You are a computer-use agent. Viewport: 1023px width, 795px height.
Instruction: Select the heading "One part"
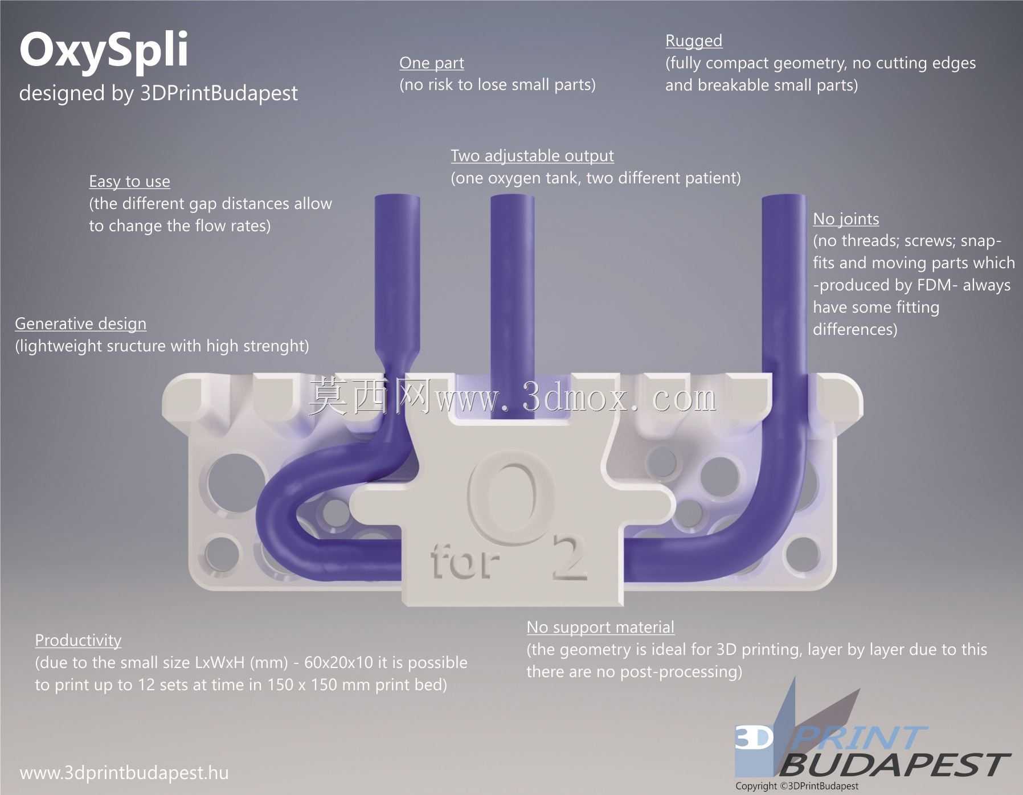pyautogui.click(x=432, y=63)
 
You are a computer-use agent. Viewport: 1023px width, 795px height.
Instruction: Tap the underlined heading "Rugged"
pyautogui.click(x=694, y=41)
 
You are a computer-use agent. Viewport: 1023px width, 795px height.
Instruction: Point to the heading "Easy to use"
pyautogui.click(x=129, y=182)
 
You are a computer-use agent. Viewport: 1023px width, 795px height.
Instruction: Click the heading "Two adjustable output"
pyautogui.click(x=532, y=156)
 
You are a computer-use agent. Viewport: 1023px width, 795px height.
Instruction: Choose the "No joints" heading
pyautogui.click(x=846, y=219)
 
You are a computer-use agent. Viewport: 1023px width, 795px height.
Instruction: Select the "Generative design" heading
pyautogui.click(x=80, y=324)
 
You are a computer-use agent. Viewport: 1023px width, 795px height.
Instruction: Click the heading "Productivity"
pyautogui.click(x=78, y=641)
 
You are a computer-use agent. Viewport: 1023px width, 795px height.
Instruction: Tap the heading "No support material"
pyautogui.click(x=600, y=628)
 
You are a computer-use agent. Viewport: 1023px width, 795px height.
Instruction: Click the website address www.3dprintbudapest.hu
pyautogui.click(x=124, y=773)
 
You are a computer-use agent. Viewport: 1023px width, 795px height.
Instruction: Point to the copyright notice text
pyautogui.click(x=796, y=786)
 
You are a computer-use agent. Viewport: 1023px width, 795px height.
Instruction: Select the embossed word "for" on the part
pyautogui.click(x=465, y=561)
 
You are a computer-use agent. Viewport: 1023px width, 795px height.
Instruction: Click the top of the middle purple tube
pyautogui.click(x=512, y=198)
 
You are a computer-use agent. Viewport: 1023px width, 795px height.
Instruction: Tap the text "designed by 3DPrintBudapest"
pyautogui.click(x=158, y=93)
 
